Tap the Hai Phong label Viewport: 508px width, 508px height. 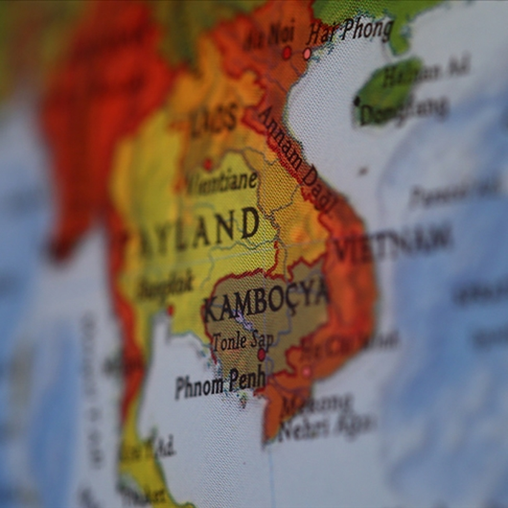[349, 30]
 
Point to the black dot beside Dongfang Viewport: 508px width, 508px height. [358, 101]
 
